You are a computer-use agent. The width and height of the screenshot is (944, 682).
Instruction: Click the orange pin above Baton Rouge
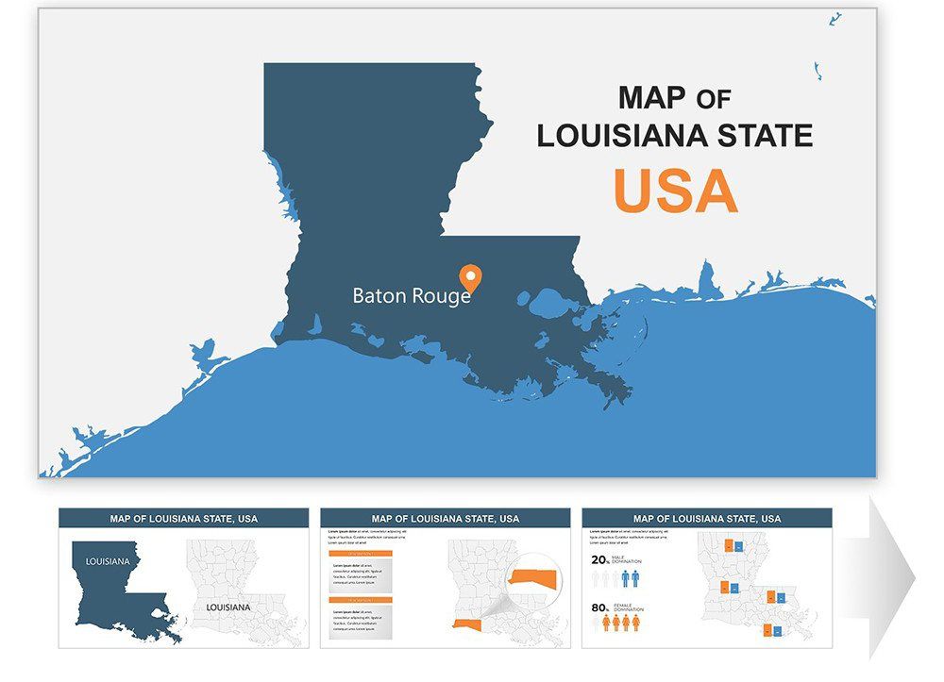click(470, 277)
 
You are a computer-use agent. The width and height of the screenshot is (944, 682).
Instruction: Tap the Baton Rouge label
click(412, 295)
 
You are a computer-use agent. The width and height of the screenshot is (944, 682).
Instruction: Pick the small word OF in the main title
click(714, 98)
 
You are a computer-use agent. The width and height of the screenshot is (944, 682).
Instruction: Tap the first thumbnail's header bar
click(183, 518)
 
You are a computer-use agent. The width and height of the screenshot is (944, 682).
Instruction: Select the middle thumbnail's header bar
click(445, 518)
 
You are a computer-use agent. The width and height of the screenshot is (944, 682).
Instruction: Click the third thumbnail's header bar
click(707, 518)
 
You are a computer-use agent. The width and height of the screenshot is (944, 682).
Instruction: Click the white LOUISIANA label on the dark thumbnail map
click(108, 561)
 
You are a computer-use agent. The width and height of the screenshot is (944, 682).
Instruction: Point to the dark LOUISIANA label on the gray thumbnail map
click(228, 607)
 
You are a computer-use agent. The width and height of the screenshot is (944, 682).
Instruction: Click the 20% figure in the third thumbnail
click(599, 559)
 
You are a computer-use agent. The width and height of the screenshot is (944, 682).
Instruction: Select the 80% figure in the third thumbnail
click(599, 607)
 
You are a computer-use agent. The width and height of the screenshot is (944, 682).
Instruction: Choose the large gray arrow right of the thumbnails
click(891, 577)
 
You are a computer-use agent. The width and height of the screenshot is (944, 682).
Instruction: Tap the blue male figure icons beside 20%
click(630, 577)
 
